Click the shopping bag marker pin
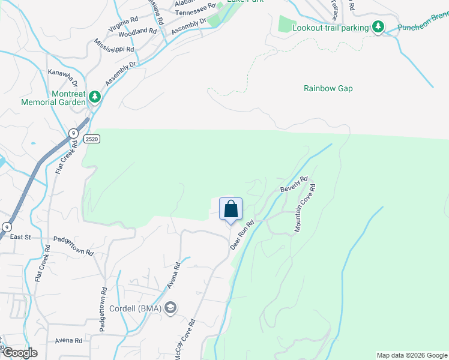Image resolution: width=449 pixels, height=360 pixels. tap(231, 210)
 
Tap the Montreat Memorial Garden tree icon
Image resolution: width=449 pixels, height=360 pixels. tap(94, 96)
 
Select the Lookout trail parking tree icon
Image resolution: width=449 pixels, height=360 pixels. tap(378, 28)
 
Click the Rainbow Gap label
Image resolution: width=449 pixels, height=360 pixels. tap(328, 88)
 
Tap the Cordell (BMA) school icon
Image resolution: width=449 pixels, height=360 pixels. tap(170, 308)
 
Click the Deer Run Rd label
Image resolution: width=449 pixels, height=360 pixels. tap(243, 235)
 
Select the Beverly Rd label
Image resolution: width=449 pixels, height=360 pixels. tap(294, 184)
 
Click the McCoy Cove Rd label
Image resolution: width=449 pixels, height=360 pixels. tap(184, 338)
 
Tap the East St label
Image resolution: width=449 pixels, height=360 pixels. tap(20, 237)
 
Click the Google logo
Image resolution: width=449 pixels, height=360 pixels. tap(19, 353)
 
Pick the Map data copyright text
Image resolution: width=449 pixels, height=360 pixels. tap(412, 355)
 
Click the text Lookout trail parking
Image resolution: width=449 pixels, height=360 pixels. tap(330, 28)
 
